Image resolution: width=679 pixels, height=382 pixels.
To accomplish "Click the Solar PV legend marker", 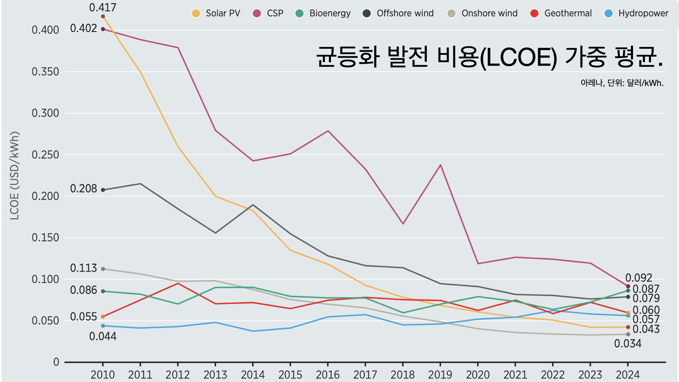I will [x=196, y=13].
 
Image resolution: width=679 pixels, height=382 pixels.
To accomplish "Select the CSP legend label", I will [x=275, y=13].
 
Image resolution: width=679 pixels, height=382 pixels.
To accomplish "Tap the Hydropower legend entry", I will [x=643, y=13].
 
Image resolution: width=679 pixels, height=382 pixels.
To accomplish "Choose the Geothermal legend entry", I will [x=568, y=13].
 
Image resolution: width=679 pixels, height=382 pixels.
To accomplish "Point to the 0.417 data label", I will [x=103, y=7].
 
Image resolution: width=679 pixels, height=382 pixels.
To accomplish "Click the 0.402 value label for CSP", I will [x=83, y=28].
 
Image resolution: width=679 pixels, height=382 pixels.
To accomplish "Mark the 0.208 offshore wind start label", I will [x=83, y=189].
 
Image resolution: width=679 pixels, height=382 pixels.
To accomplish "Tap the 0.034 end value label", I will [x=627, y=343].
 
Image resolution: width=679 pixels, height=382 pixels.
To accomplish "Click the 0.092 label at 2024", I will [x=638, y=278].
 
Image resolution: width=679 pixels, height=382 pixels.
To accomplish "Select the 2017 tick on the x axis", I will [x=365, y=374].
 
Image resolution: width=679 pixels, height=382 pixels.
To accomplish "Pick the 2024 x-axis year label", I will [x=627, y=374].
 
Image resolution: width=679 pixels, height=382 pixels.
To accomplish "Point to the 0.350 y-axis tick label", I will [x=45, y=72].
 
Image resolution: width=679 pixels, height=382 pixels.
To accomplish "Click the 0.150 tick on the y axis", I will [x=45, y=238].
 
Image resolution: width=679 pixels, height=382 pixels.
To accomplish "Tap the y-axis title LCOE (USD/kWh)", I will [x=14, y=176].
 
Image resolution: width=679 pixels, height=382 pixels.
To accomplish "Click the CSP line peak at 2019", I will [x=440, y=165].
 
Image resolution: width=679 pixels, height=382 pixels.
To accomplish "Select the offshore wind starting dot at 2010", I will [x=103, y=190].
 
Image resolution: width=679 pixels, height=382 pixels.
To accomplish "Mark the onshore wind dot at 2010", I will [x=103, y=269].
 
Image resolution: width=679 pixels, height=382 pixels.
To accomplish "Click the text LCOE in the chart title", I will [x=518, y=57].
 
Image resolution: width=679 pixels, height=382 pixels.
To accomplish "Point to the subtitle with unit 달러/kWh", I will [x=622, y=83].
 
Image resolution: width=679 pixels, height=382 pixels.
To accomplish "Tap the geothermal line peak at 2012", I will [x=178, y=284].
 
